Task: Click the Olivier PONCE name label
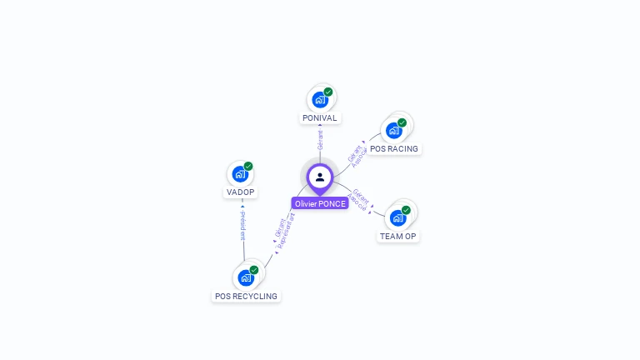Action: (320, 204)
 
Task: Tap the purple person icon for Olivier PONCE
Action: (320, 177)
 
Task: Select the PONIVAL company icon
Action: (320, 100)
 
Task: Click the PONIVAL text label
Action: (320, 118)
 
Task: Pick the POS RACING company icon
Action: (394, 130)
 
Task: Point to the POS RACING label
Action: (394, 149)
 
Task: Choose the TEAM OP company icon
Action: (398, 217)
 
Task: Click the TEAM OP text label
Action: (398, 237)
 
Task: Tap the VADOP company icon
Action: (240, 174)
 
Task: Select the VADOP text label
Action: (240, 192)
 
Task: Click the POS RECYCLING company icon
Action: (246, 277)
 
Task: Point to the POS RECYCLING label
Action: (246, 297)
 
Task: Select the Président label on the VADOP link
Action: (242, 225)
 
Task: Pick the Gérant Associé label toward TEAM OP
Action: (359, 198)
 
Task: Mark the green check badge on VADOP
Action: (248, 166)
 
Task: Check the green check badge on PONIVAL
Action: (328, 92)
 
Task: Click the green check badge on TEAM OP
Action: (407, 210)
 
